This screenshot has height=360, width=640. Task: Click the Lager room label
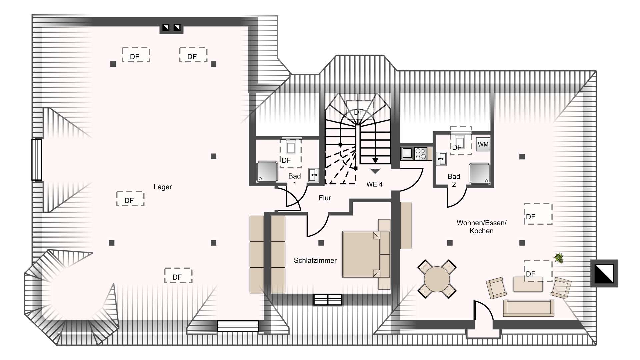[x=163, y=187]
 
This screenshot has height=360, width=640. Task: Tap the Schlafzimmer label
[x=315, y=260]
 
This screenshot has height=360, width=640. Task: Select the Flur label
[x=325, y=198]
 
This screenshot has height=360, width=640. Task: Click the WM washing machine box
[x=483, y=145]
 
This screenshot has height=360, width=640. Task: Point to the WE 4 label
[x=374, y=184]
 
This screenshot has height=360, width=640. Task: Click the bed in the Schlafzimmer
[x=366, y=254]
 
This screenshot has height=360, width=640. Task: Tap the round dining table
[x=437, y=279]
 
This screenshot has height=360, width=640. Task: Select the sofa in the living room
[x=528, y=308]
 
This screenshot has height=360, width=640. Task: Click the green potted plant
[x=559, y=258]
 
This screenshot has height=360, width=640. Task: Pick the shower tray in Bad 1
[x=267, y=172]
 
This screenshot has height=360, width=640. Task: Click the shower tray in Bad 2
[x=480, y=174]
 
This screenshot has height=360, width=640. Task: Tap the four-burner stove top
[x=421, y=154]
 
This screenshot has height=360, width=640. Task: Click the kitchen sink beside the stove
[x=407, y=153]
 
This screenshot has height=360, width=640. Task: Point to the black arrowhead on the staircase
[x=375, y=160]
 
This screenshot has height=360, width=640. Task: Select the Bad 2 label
[x=454, y=180]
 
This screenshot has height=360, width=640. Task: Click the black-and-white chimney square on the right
[x=604, y=273]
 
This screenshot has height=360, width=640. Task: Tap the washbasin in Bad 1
[x=313, y=175]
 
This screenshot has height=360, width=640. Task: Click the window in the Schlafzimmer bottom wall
[x=328, y=300]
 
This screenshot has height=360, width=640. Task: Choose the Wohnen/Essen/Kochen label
[x=481, y=227]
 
